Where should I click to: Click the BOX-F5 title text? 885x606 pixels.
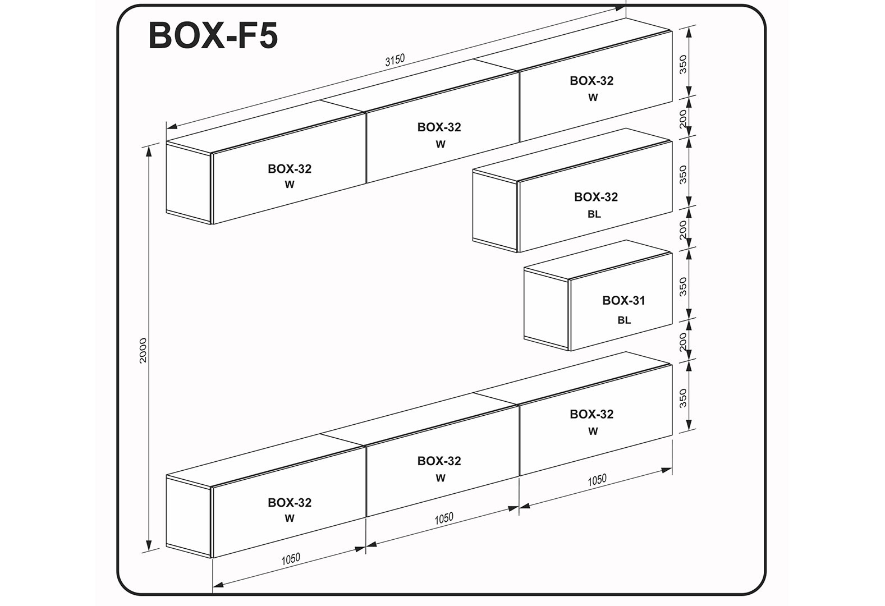(213, 35)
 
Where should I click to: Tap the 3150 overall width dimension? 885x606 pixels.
(395, 59)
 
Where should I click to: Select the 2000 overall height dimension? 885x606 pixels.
(143, 350)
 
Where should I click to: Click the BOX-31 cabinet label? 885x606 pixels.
(623, 301)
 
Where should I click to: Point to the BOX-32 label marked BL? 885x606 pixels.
(596, 197)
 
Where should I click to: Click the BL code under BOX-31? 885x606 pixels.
(624, 320)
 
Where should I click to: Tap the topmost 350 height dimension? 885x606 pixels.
(683, 65)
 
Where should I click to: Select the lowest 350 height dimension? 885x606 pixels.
(683, 398)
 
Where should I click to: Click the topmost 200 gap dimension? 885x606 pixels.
(683, 118)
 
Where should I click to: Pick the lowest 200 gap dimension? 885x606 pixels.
(683, 342)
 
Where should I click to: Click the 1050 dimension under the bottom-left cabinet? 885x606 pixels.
(291, 559)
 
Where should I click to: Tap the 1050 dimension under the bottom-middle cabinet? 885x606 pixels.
(444, 518)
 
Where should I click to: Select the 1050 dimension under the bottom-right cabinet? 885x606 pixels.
(597, 480)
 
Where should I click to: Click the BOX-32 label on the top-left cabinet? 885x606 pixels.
(290, 169)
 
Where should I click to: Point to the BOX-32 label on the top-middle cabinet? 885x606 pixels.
(439, 127)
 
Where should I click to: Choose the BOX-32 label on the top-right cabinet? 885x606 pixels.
(591, 81)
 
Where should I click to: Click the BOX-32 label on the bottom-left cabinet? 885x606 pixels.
(290, 503)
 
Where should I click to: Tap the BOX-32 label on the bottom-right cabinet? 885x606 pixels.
(591, 414)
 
